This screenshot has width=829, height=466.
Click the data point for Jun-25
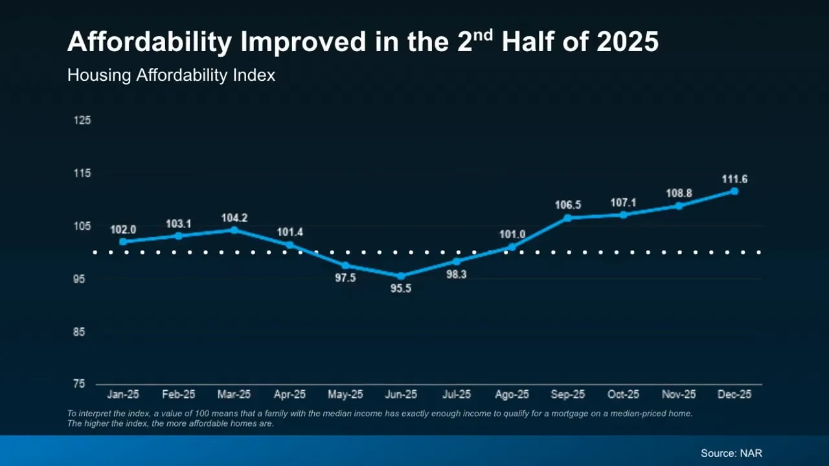401,276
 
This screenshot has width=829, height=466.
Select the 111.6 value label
734,179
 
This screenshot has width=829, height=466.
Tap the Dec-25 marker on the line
734,191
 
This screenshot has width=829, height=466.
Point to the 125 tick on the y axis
82,120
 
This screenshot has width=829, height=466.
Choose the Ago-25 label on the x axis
512,394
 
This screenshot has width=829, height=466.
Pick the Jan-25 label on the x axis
123,394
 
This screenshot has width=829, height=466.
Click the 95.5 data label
401,289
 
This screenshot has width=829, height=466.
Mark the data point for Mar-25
234,230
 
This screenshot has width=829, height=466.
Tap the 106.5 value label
568,205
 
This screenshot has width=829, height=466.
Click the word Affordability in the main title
149,43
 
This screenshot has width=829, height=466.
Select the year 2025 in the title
627,43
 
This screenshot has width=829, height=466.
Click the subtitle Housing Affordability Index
171,75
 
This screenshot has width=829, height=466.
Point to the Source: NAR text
731,453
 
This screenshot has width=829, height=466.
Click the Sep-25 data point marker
568,217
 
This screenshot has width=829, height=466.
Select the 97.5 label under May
345,278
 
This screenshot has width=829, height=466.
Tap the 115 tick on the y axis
82,173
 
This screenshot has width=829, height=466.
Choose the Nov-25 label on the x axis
679,394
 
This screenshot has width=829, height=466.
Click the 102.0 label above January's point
123,230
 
